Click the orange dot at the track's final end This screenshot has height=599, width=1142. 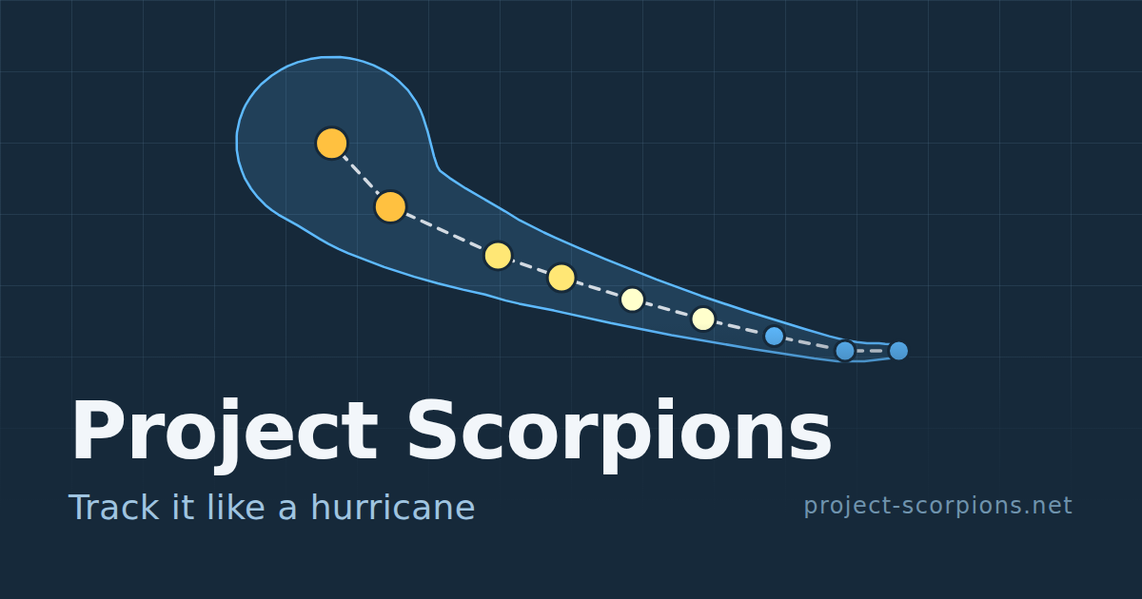(x=332, y=144)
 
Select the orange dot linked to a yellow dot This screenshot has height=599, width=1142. (x=390, y=207)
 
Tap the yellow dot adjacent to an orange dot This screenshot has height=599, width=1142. (x=498, y=255)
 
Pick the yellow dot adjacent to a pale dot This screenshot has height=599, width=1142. (x=561, y=278)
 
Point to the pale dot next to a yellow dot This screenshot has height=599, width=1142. (x=632, y=299)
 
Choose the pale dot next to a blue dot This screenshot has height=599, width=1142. (x=703, y=319)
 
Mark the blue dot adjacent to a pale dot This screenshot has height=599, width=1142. (x=774, y=337)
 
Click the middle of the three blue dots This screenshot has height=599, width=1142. (x=845, y=351)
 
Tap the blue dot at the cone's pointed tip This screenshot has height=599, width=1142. (x=898, y=351)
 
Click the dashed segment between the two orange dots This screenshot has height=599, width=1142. (x=361, y=175)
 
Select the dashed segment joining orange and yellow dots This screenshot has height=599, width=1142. (x=444, y=231)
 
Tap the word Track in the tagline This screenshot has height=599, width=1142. (x=114, y=508)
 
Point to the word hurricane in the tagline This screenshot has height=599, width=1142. (x=392, y=508)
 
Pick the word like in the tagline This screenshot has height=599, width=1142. (x=236, y=508)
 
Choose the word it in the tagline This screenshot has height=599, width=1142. (x=184, y=508)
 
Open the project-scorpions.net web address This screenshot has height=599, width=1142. (x=938, y=506)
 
